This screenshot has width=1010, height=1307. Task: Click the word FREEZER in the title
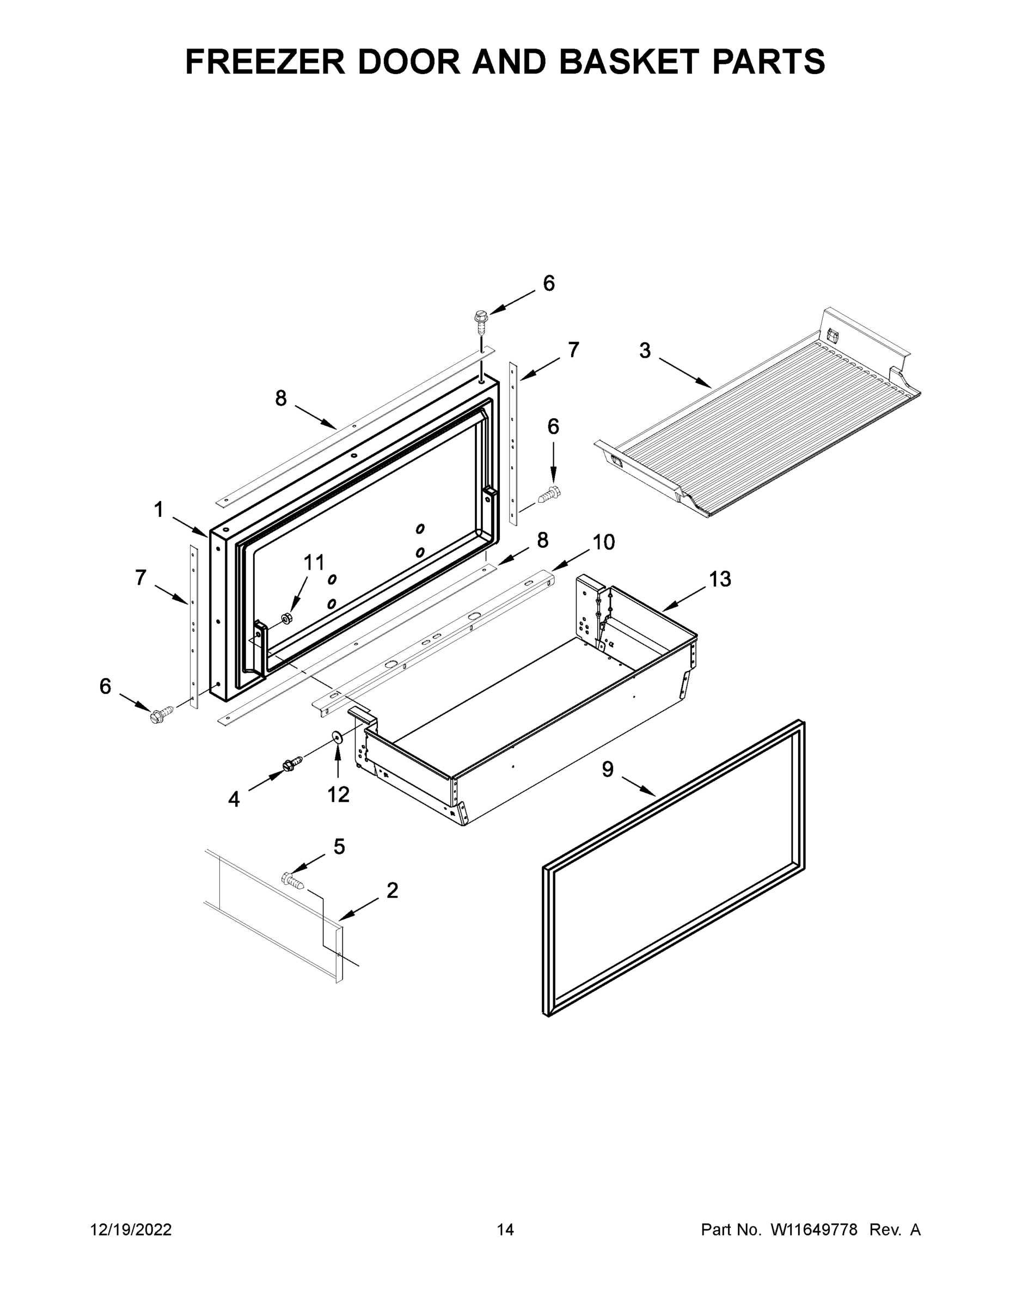click(x=265, y=62)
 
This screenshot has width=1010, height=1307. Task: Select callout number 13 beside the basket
click(x=720, y=579)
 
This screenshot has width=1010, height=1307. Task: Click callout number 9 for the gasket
click(x=607, y=769)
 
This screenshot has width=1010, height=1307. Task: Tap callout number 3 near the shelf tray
click(x=645, y=351)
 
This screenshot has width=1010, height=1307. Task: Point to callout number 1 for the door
click(x=158, y=510)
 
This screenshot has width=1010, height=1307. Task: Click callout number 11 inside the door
click(x=314, y=563)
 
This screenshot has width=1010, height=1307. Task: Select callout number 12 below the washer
click(x=338, y=794)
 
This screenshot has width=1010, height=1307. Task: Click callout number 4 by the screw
click(x=234, y=799)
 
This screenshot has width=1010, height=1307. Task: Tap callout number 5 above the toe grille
click(x=339, y=847)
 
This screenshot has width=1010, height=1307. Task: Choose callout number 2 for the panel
click(x=392, y=890)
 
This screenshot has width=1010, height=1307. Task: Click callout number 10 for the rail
click(x=603, y=542)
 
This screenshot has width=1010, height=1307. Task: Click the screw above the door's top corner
click(x=480, y=320)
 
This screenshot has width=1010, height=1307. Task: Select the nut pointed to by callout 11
click(x=286, y=618)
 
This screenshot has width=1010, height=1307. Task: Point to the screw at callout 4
click(x=291, y=764)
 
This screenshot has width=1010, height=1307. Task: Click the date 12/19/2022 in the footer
click(x=131, y=1230)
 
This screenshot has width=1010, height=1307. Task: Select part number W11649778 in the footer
click(x=814, y=1230)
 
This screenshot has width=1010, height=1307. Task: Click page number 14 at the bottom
click(x=505, y=1230)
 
